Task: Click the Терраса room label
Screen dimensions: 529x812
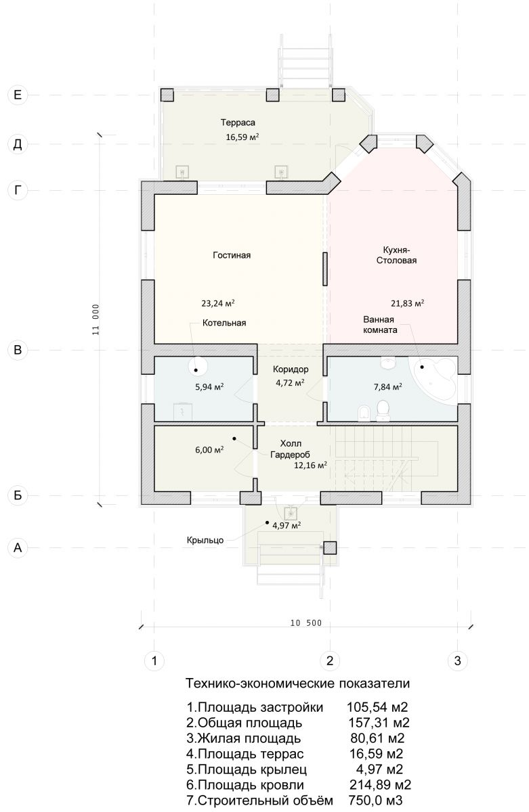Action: [238, 122]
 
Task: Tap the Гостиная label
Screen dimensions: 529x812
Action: [232, 255]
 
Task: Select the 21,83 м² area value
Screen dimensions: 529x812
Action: [408, 303]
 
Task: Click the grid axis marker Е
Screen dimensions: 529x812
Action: [18, 95]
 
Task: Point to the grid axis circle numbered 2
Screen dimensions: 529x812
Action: [329, 660]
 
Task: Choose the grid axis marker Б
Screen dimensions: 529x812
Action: [18, 495]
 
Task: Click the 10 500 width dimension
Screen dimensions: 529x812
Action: [306, 623]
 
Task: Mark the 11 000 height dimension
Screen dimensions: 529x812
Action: [96, 319]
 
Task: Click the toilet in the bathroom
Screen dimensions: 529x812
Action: [383, 411]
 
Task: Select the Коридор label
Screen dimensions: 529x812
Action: [291, 369]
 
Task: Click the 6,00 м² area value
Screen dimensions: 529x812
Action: [209, 449]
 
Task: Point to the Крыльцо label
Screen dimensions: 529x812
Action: [205, 541]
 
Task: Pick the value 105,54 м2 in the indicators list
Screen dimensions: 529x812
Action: [377, 707]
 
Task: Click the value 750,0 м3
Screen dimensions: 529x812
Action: [375, 800]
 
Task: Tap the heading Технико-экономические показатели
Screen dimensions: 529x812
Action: [297, 683]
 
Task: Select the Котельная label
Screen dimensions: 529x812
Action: [224, 323]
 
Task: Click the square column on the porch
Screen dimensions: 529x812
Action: [330, 547]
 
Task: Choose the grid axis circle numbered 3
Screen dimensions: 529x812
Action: [457, 660]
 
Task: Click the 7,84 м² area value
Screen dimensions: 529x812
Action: [388, 387]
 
